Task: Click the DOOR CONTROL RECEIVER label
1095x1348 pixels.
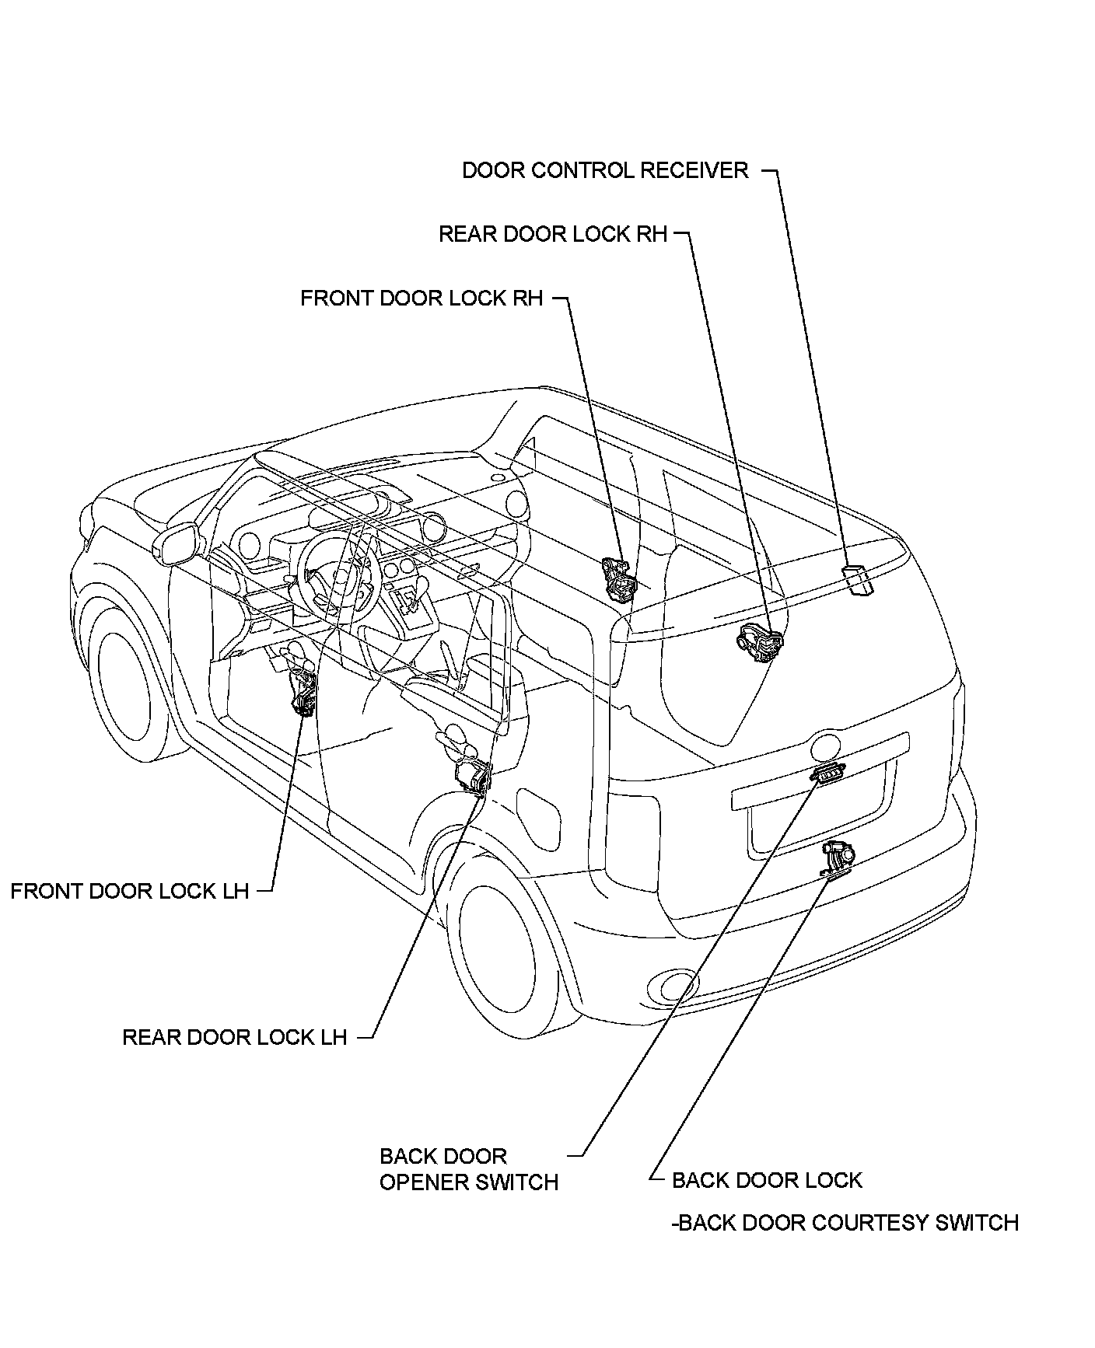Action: (x=605, y=170)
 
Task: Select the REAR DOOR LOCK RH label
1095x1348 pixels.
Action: (x=553, y=234)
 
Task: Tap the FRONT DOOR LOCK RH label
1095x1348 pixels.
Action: (x=422, y=299)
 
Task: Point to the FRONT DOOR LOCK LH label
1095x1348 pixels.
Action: (x=130, y=890)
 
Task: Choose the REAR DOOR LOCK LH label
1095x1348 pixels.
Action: (x=235, y=1036)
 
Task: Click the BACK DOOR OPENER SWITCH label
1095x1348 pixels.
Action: (x=468, y=1169)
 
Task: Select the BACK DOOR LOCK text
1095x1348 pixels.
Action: (x=767, y=1180)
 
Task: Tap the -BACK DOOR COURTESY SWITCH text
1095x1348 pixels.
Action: (x=845, y=1223)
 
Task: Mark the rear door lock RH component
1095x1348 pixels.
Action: (x=760, y=643)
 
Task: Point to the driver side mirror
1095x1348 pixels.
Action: (x=177, y=543)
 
